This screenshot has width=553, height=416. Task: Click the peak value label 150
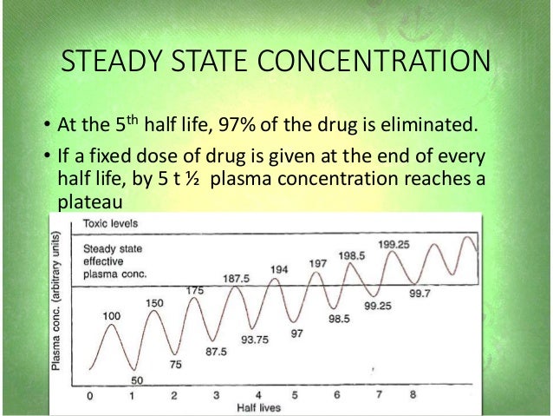[154, 302]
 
